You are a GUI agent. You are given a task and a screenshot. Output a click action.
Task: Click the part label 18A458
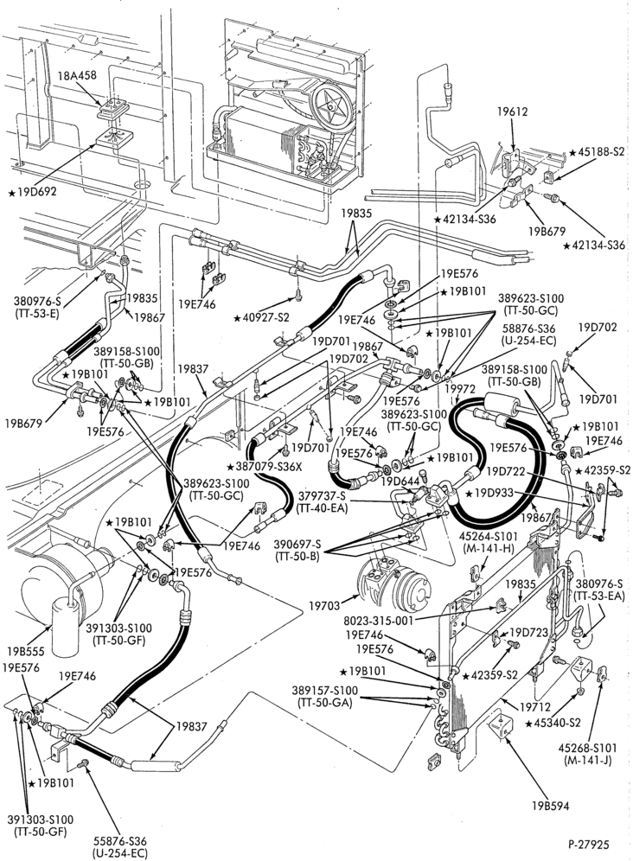77,75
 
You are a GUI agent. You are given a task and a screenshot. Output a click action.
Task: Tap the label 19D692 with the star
32,192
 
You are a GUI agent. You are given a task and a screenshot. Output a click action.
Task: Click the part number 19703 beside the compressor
323,606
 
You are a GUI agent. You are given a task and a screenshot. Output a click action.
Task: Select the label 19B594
550,806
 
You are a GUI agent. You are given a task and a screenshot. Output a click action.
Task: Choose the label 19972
459,389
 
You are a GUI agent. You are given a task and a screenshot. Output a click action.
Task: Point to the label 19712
535,707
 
